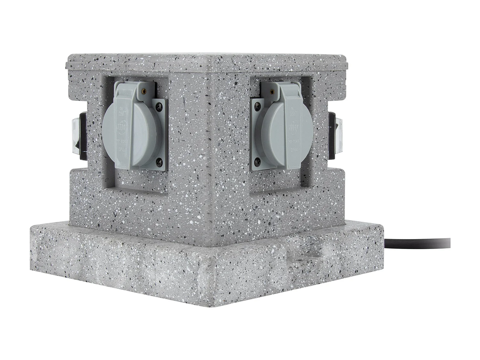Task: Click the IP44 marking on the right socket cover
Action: point(293,149)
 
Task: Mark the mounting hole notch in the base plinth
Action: point(301,256)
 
